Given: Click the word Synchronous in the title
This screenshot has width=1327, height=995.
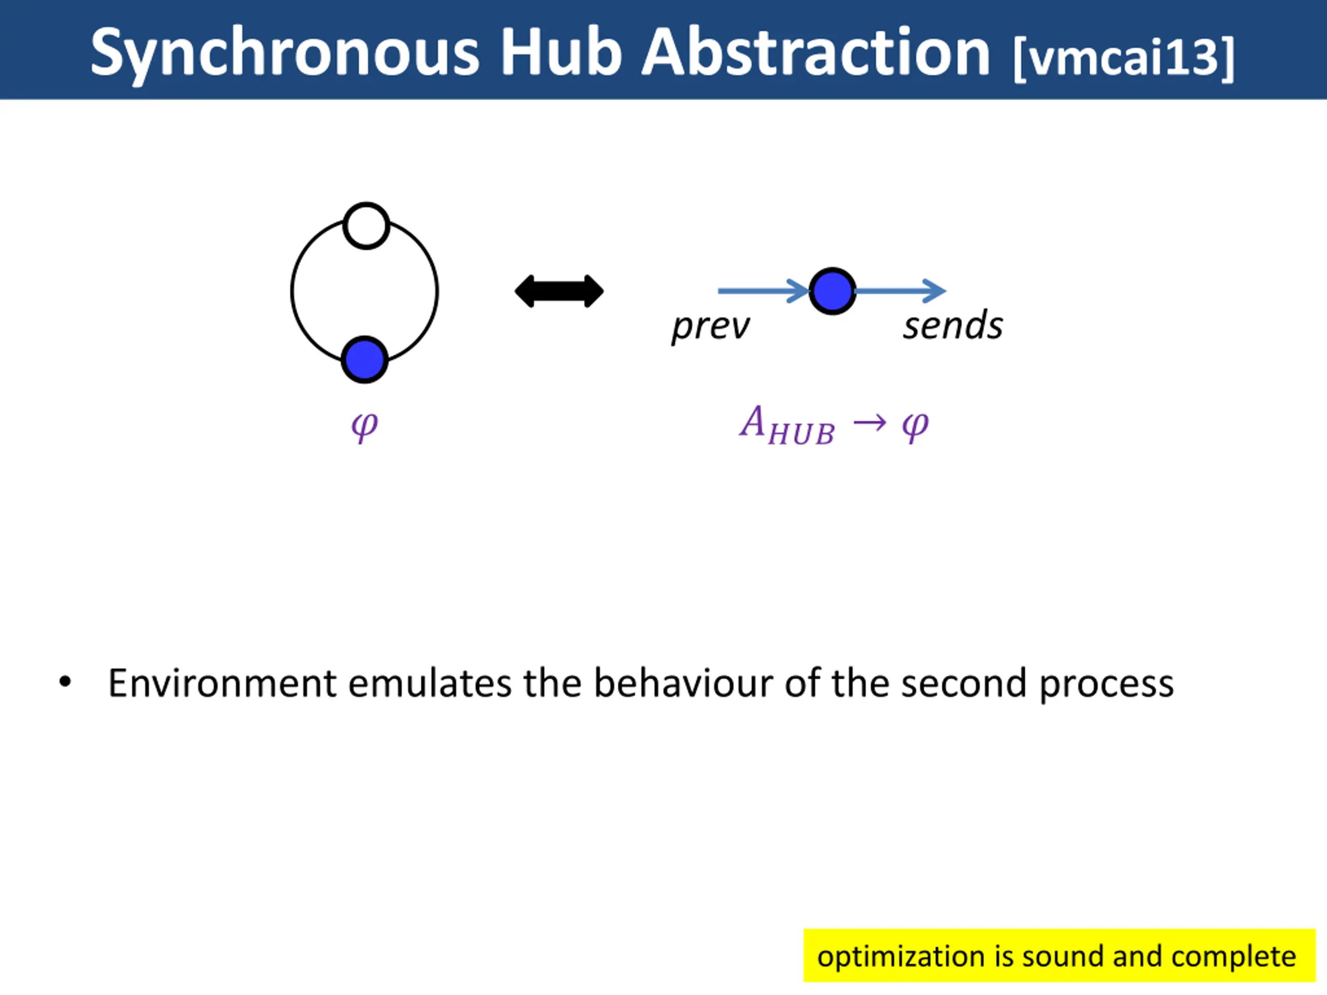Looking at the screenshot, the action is click(285, 54).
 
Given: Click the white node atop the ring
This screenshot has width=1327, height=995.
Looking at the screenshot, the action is click(366, 226).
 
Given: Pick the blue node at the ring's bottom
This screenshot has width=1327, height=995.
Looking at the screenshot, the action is click(364, 359).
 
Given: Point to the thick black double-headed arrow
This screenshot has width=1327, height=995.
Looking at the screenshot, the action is click(559, 291).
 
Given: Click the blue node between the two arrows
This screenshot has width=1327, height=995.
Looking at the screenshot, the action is click(832, 291).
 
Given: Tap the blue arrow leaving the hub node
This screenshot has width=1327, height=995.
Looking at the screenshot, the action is click(900, 291).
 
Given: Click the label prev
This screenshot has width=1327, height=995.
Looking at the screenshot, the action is click(710, 327).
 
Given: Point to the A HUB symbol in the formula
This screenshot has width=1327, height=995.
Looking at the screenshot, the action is click(786, 425).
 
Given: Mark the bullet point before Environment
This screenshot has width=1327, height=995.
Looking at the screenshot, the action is click(65, 682).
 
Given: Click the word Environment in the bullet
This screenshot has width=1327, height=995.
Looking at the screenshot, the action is click(222, 683).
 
